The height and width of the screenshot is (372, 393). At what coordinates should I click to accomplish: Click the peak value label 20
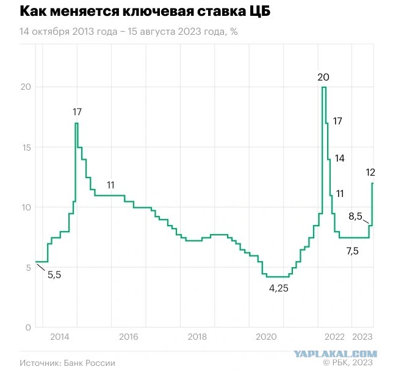(x=323, y=77)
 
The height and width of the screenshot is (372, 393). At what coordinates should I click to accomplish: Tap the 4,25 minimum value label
(x=278, y=288)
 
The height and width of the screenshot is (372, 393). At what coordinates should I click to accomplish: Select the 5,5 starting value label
(x=54, y=275)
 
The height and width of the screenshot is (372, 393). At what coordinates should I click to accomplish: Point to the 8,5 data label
(x=355, y=216)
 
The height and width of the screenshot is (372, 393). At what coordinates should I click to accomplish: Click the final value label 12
(x=370, y=173)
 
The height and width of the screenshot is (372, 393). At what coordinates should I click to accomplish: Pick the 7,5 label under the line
(x=352, y=251)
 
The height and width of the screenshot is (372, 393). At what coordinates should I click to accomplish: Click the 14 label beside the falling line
(x=340, y=159)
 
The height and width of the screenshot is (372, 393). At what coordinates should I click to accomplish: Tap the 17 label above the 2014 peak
(x=77, y=112)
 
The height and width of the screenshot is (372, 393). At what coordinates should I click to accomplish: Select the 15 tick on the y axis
(x=26, y=148)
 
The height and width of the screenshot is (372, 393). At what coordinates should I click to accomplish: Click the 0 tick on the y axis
(x=28, y=327)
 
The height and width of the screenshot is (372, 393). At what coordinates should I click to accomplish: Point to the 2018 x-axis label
(x=197, y=337)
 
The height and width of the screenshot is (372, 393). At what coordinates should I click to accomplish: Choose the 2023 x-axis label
(x=362, y=337)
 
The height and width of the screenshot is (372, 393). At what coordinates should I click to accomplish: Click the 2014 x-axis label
(x=60, y=337)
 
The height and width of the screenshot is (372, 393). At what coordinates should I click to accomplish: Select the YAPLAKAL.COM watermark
(x=336, y=354)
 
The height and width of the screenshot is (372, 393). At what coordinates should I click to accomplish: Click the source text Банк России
(x=90, y=363)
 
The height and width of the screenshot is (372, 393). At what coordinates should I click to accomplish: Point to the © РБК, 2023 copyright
(x=348, y=362)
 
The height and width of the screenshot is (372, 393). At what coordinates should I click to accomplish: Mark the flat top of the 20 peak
(x=324, y=87)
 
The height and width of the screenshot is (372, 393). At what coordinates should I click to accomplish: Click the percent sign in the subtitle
(x=234, y=32)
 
